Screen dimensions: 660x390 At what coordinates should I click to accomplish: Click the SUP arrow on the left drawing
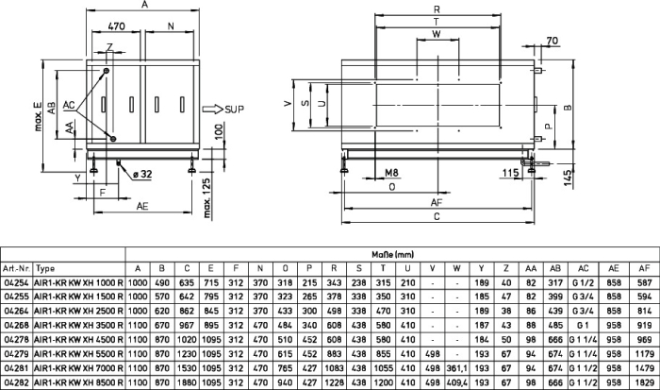click(x=212, y=110)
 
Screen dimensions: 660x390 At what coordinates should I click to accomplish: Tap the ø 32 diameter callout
click(x=141, y=174)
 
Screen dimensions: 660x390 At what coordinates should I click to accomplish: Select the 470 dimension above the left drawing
click(x=117, y=26)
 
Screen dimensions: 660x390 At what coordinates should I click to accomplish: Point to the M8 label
click(x=391, y=173)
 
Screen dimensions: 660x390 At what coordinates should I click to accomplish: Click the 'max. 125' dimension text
click(x=206, y=197)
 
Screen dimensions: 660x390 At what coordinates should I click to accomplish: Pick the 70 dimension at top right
click(x=553, y=41)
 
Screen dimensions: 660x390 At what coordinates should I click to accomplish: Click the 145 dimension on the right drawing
click(x=568, y=178)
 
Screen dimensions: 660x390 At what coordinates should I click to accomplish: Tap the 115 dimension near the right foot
click(x=510, y=173)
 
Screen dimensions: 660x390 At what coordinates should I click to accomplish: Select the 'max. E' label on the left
click(x=39, y=116)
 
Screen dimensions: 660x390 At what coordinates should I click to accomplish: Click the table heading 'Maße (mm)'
click(x=393, y=255)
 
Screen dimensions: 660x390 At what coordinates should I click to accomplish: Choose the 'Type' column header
click(x=45, y=268)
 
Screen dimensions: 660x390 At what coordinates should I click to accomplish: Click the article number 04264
click(x=16, y=312)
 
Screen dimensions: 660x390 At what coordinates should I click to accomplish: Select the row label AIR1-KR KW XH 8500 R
click(x=78, y=382)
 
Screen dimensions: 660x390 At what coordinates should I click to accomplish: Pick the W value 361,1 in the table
click(x=456, y=368)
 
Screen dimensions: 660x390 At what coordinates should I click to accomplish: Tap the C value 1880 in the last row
click(x=187, y=382)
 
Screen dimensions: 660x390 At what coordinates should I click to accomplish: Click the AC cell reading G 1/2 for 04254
click(x=583, y=283)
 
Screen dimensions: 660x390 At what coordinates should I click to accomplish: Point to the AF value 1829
click(x=644, y=382)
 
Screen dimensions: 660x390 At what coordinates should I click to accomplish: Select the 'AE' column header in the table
click(x=614, y=268)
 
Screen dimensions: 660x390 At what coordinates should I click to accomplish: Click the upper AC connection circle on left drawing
click(x=106, y=71)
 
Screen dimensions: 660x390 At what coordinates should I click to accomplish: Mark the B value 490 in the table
click(x=162, y=283)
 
